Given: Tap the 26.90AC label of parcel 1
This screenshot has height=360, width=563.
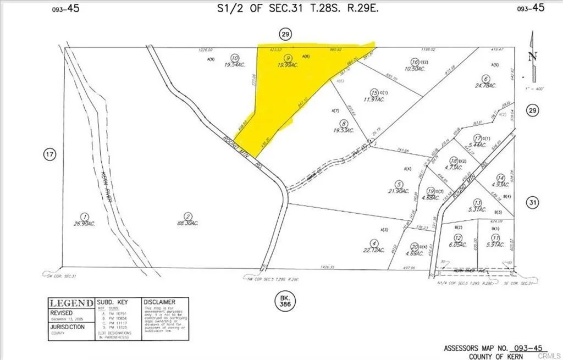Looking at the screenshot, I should [82, 224].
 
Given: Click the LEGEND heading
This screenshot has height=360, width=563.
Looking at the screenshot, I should [71, 303].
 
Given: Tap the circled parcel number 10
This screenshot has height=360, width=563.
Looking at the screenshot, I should [235, 57].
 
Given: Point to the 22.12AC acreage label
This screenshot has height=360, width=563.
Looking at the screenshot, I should [374, 250].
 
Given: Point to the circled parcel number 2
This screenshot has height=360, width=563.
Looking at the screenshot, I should [188, 217].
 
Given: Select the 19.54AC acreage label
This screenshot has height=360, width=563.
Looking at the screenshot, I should [234, 65].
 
